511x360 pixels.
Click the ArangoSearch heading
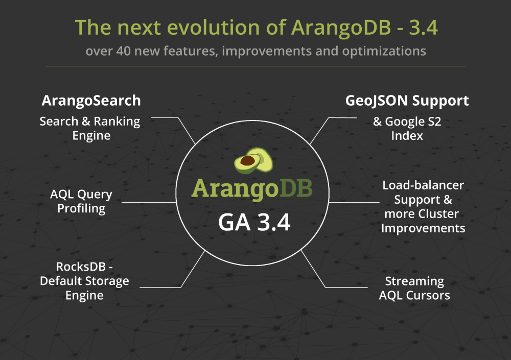tap(91, 101)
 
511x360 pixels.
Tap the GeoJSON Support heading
tap(407, 101)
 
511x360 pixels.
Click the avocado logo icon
tap(253, 160)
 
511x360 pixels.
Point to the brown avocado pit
tap(247, 160)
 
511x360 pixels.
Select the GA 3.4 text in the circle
tap(254, 223)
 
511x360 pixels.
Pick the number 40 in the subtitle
tap(123, 51)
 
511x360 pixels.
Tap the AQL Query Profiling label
tap(81, 201)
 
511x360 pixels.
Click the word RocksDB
tap(81, 267)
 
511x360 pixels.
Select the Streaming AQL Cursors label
tap(414, 288)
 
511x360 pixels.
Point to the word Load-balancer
tap(423, 185)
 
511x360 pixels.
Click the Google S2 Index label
tap(407, 128)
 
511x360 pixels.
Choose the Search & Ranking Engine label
tap(90, 128)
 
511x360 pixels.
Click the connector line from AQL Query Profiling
tap(149, 202)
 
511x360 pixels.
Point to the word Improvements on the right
tap(423, 228)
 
